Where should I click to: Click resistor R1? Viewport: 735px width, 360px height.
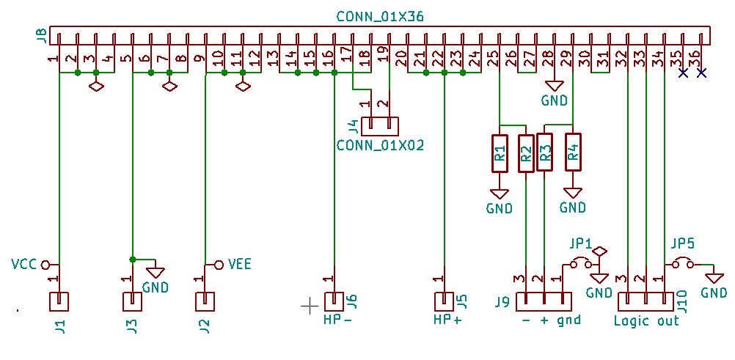click(500, 153)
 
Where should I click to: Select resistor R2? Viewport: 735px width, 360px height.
click(526, 153)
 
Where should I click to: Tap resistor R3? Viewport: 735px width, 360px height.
click(544, 152)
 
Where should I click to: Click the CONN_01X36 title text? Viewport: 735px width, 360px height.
click(380, 16)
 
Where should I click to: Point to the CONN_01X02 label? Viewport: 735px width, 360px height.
click(380, 145)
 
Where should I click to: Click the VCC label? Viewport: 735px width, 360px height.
click(24, 263)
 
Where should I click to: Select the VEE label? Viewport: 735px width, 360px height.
click(240, 264)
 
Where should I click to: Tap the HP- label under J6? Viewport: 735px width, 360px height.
click(338, 320)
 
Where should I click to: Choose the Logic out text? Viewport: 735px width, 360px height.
click(646, 320)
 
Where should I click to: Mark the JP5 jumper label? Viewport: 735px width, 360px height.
click(682, 243)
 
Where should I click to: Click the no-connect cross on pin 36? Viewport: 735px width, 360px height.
click(701, 73)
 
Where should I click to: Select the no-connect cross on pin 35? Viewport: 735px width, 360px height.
click(683, 73)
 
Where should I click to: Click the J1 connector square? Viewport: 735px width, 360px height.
click(59, 301)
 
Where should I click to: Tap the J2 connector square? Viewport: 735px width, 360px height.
click(205, 301)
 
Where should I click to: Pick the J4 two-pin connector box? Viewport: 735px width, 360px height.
click(380, 125)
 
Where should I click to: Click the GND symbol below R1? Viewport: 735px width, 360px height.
click(500, 194)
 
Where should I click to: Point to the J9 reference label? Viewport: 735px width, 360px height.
click(502, 302)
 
